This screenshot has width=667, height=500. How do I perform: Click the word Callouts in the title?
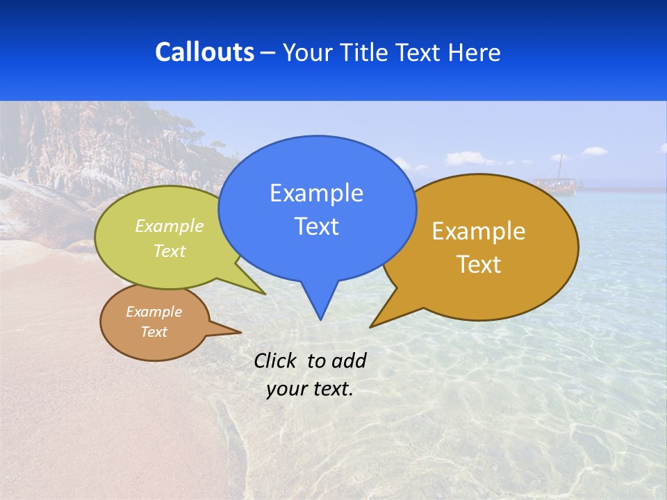pyautogui.click(x=204, y=52)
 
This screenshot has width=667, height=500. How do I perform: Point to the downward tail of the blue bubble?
pyautogui.click(x=320, y=302)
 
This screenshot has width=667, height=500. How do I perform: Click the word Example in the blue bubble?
pyautogui.click(x=316, y=193)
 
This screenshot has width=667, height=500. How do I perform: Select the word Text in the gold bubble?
pyautogui.click(x=479, y=265)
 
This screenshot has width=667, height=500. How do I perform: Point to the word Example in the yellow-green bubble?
pyautogui.click(x=170, y=226)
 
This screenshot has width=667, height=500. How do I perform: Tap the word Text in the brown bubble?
pyautogui.click(x=154, y=332)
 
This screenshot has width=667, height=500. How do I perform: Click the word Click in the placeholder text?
pyautogui.click(x=277, y=360)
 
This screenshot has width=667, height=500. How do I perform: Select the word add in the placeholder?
pyautogui.click(x=349, y=360)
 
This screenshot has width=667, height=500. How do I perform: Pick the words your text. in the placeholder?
pyautogui.click(x=310, y=389)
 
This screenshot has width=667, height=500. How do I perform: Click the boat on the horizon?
pyautogui.click(x=557, y=183)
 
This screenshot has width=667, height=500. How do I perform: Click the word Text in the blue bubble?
pyautogui.click(x=316, y=226)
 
